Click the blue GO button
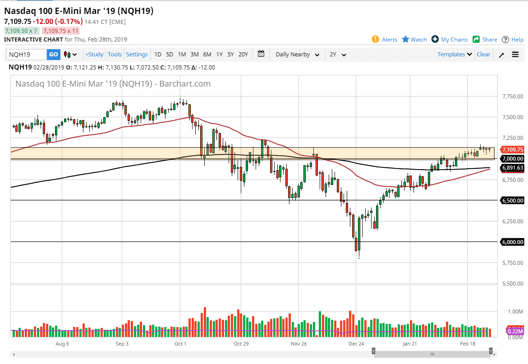pos(53,55)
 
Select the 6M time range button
pos(207,55)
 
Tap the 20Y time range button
pos(243,55)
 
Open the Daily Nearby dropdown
pos(297,55)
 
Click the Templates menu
pos(455,55)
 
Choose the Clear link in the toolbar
pos(483,55)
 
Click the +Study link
pos(94,55)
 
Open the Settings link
pos(137,55)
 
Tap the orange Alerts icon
pos(375,39)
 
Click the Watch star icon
pos(405,39)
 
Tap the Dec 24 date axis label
pos(356,344)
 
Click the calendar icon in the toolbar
pos(261,54)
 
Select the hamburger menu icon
pos(515,55)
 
